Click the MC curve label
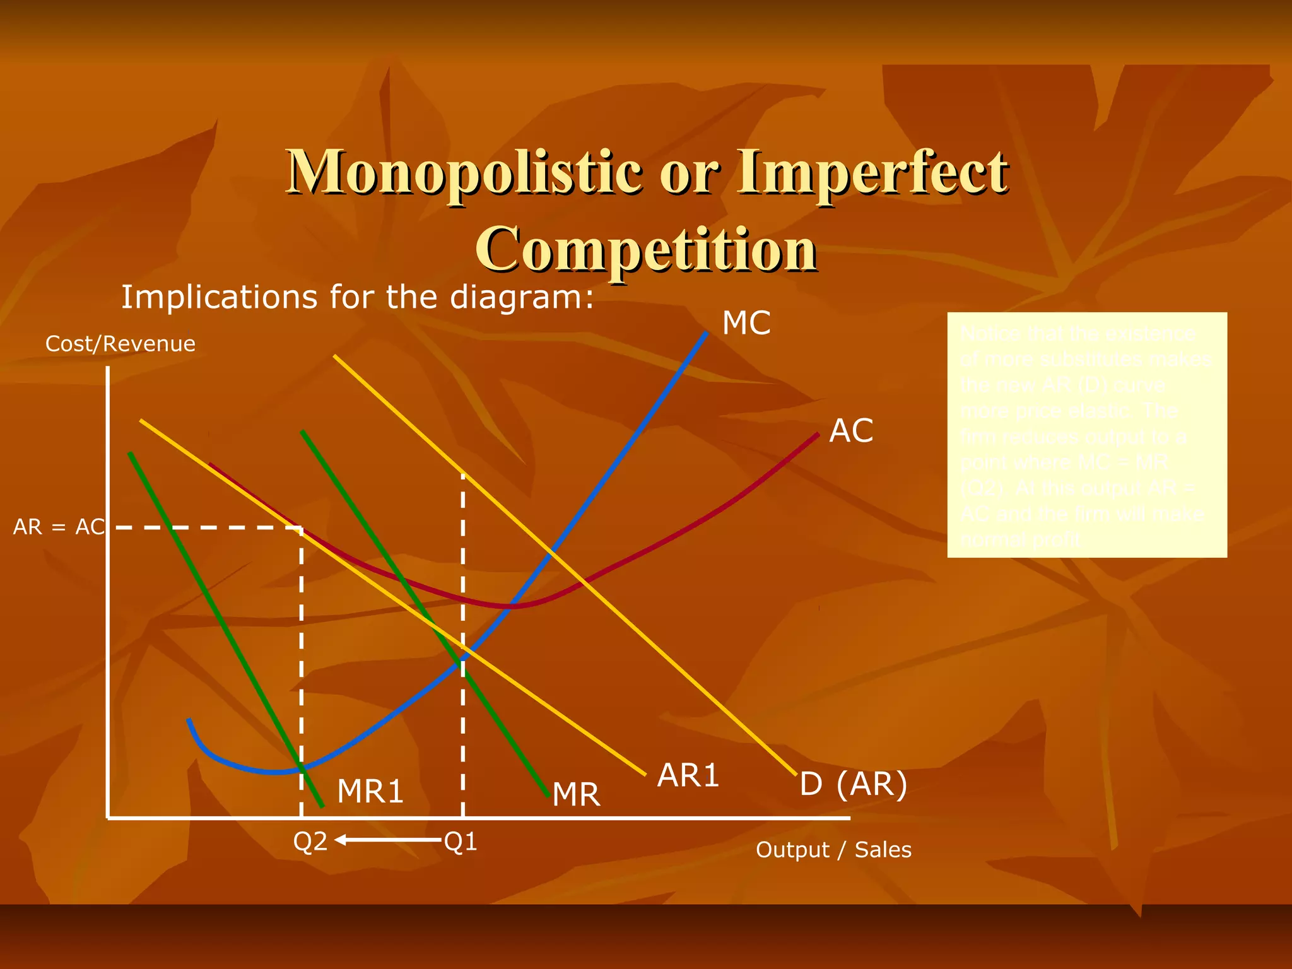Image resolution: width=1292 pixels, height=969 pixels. [746, 323]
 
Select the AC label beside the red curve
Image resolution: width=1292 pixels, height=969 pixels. [850, 432]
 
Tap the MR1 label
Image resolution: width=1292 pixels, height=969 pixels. [370, 791]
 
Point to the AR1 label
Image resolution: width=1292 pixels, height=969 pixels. [688, 775]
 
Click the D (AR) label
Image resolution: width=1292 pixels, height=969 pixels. [853, 784]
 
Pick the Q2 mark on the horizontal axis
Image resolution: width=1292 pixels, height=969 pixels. [310, 841]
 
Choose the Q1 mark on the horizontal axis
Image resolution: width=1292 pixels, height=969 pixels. [461, 841]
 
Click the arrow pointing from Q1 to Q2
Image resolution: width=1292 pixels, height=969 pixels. [387, 840]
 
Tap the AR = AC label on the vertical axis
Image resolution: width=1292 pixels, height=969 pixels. [59, 527]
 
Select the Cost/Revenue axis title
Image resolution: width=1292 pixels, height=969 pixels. [120, 344]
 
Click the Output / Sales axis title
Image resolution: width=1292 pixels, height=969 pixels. [833, 850]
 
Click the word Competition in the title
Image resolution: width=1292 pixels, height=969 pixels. [646, 249]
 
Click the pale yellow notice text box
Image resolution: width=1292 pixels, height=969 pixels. [1086, 435]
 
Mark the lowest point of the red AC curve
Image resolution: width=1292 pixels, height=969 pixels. [512, 606]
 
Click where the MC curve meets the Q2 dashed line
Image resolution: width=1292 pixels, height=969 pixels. [302, 768]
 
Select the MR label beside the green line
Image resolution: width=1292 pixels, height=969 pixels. [575, 794]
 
